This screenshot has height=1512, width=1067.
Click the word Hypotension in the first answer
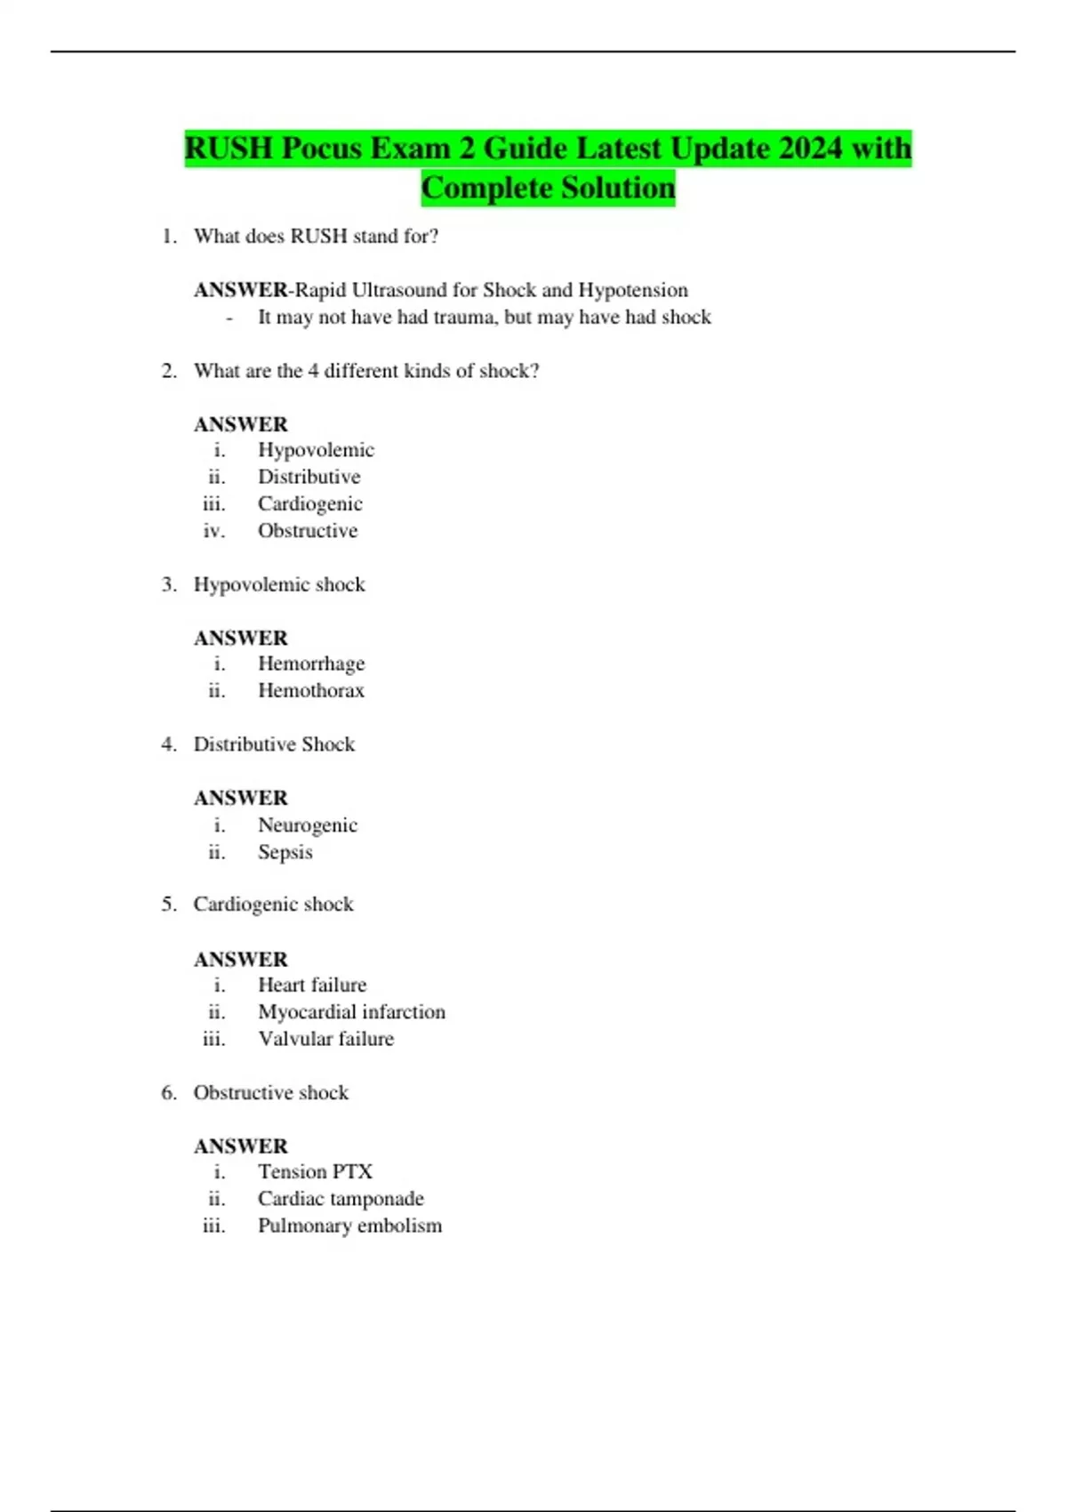point(633,290)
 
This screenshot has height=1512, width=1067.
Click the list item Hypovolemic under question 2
point(316,450)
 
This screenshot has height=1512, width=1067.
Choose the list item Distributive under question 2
point(309,477)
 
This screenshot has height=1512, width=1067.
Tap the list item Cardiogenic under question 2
point(309,504)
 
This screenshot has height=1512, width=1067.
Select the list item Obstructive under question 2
point(308,531)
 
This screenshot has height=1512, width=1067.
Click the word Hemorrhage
point(311,664)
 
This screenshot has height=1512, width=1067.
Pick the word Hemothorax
point(310,691)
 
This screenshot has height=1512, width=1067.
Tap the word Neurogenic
point(308,825)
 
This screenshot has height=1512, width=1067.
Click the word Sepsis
point(285,852)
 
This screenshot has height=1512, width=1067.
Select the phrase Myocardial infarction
point(351,1012)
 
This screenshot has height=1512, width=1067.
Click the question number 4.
point(168,744)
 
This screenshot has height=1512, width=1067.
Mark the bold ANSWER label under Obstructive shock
point(241,1146)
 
